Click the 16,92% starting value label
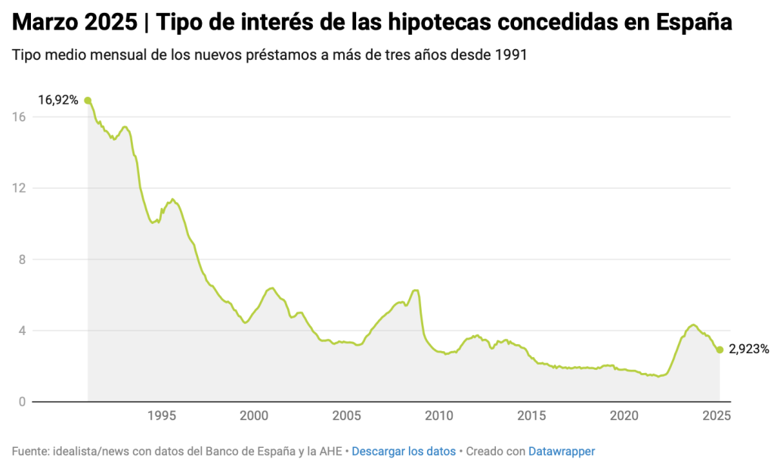point(58,99)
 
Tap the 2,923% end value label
point(749,349)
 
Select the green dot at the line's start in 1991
point(88,100)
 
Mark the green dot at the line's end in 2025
point(720,349)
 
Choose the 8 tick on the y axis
point(22,259)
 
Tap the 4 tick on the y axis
point(22,331)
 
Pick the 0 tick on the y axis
point(22,402)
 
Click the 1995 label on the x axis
point(161,415)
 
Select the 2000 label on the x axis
point(254,415)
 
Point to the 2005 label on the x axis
point(346,415)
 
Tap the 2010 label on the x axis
point(439,415)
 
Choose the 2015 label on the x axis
point(531,415)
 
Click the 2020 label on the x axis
point(624,415)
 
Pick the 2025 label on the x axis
point(717,415)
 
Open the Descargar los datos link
point(404,451)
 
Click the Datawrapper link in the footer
point(562,451)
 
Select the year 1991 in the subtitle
point(512,57)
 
